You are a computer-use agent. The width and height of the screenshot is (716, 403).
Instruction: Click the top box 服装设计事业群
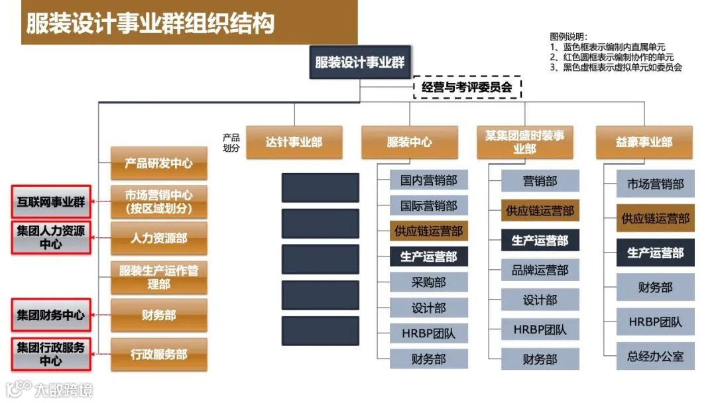359,63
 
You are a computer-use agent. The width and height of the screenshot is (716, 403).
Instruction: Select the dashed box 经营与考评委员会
467,87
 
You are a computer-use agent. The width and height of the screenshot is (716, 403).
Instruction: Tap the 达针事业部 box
294,142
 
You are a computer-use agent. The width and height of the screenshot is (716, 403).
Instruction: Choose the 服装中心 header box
409,142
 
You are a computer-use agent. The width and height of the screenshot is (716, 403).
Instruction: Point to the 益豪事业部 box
644,142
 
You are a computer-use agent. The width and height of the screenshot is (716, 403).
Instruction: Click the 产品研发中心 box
159,163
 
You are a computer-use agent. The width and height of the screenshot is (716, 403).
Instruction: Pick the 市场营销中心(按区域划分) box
159,202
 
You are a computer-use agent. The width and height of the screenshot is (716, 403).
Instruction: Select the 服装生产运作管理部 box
159,277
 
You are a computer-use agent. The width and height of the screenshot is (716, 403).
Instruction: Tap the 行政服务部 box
159,354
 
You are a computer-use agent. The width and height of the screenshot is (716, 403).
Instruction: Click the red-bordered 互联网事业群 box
51,202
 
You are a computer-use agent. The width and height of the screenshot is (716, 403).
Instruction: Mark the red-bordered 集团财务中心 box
51,316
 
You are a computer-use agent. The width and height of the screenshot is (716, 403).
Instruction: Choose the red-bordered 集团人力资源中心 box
51,237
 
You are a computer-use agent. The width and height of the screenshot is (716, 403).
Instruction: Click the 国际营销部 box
428,205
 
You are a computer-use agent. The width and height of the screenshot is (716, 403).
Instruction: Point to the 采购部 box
428,282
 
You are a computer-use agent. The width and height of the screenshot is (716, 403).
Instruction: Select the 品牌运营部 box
540,270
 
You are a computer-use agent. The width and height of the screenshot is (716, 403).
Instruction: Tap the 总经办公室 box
655,357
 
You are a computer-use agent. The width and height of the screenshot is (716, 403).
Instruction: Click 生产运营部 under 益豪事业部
655,253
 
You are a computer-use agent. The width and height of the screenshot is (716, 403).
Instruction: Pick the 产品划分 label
231,143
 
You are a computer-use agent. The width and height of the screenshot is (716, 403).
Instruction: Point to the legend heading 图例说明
569,37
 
